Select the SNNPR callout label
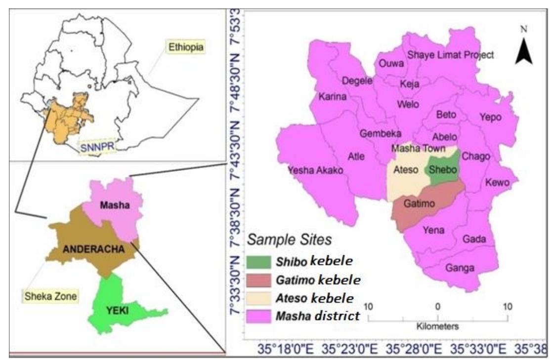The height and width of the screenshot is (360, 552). pyautogui.click(x=96, y=147)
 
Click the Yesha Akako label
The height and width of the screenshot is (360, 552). pyautogui.click(x=315, y=170)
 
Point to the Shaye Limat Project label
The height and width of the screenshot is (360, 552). pyautogui.click(x=450, y=55)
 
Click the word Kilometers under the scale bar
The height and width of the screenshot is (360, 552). pyautogui.click(x=438, y=326)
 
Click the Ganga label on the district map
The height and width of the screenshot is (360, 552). pyautogui.click(x=460, y=268)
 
